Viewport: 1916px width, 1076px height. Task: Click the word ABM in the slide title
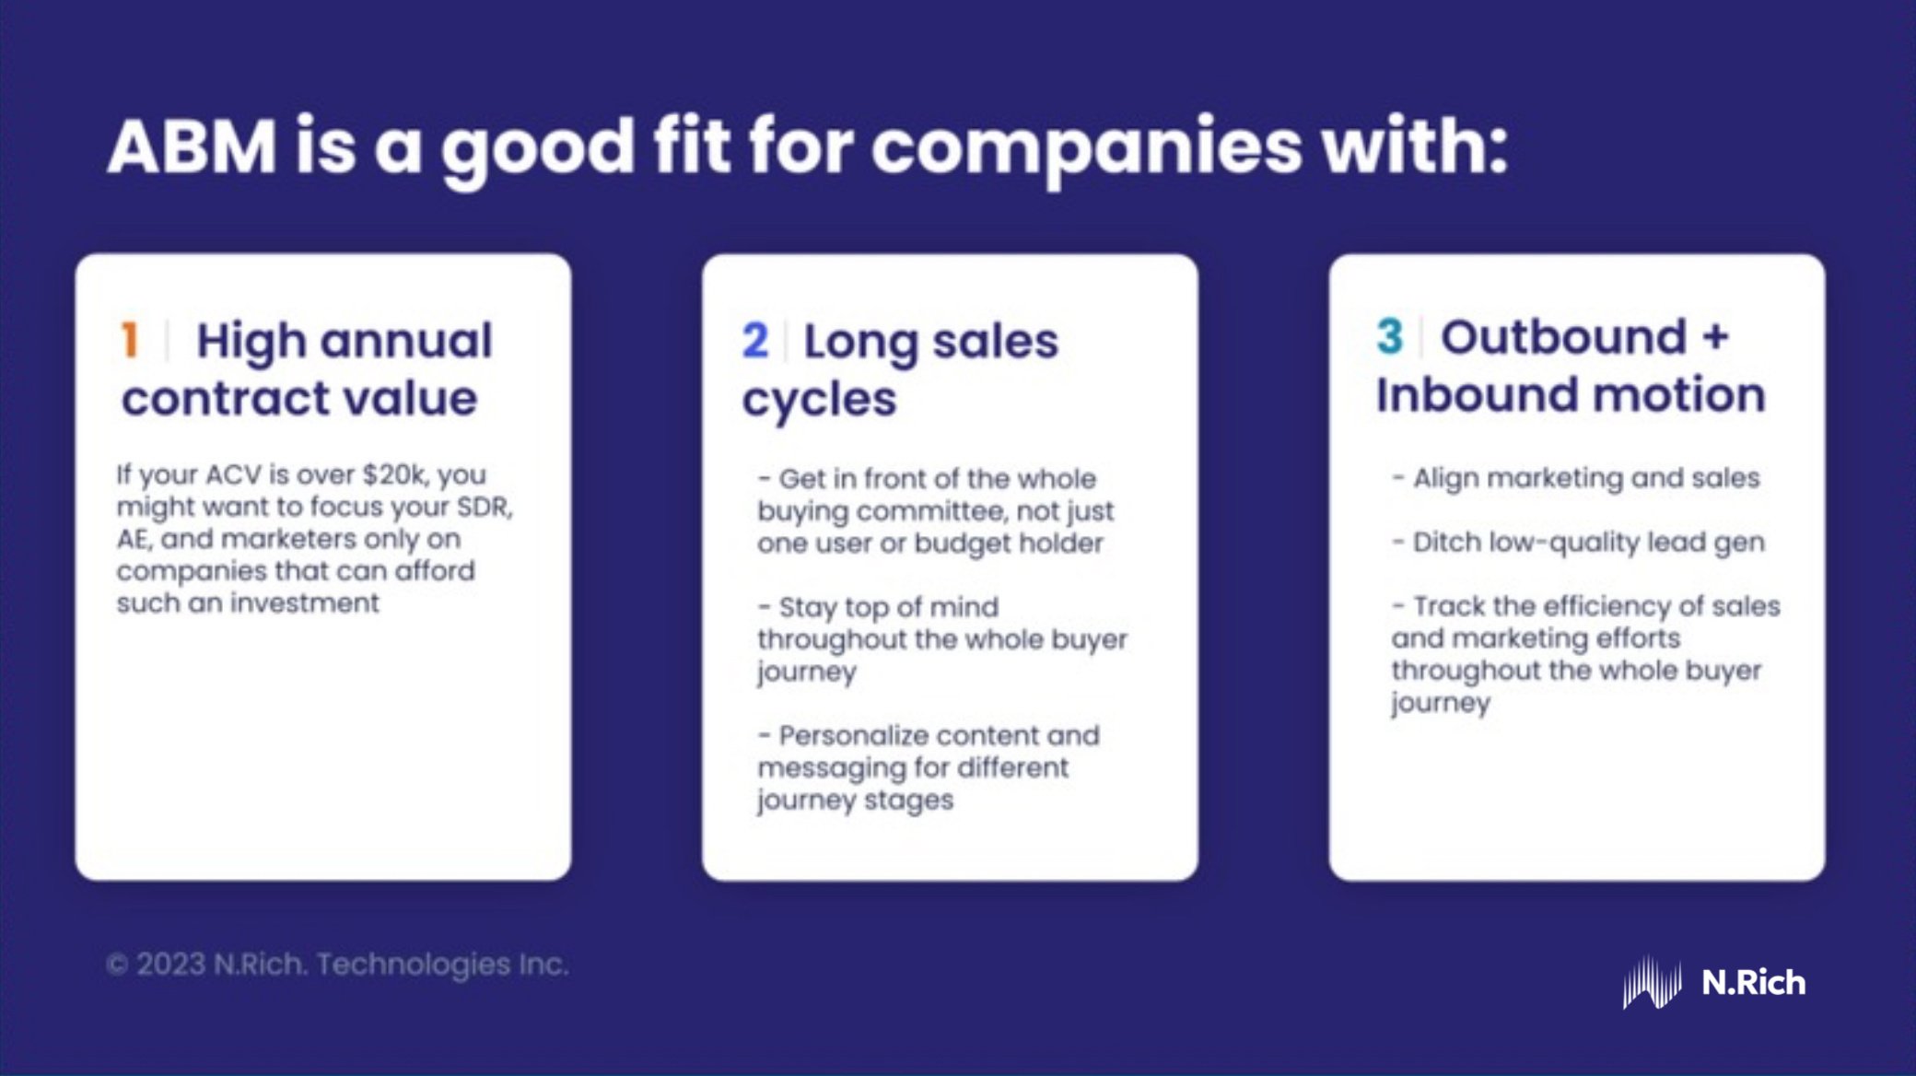point(192,147)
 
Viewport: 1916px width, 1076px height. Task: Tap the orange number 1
point(130,340)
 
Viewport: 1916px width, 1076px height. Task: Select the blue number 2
point(754,341)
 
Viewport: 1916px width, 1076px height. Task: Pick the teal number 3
point(1389,337)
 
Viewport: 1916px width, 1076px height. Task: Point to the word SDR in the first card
point(485,507)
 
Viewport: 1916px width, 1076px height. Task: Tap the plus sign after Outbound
point(1715,337)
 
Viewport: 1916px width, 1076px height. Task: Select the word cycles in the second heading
point(819,400)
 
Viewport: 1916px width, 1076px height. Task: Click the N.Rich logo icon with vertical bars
point(1652,982)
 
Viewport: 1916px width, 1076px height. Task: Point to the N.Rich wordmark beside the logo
point(1754,982)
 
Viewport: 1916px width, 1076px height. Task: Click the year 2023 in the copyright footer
point(170,965)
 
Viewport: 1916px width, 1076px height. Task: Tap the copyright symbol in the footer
point(116,965)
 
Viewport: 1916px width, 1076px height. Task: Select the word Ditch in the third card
point(1447,542)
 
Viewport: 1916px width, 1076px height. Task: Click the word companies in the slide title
point(1087,147)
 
